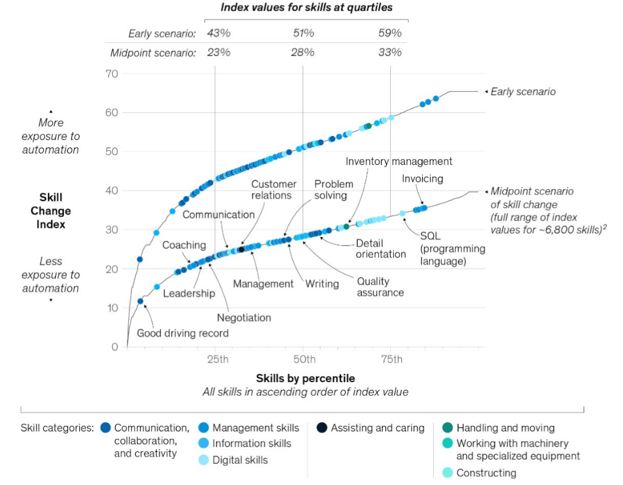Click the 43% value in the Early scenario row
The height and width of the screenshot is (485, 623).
pos(219,33)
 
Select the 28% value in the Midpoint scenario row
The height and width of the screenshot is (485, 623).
pos(303,53)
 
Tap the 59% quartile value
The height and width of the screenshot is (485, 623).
pos(390,33)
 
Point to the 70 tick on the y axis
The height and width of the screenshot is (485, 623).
pos(112,74)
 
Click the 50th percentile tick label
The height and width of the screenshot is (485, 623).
pos(304,360)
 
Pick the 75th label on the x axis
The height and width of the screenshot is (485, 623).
pos(392,360)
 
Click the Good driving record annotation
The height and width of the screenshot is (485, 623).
pos(183,333)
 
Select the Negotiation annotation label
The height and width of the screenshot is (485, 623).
pos(244,318)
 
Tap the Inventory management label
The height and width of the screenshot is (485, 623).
pos(398,161)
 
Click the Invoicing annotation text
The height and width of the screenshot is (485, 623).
pos(423,179)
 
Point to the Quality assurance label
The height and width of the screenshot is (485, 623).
pos(380,287)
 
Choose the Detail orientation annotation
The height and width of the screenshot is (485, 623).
pos(381,249)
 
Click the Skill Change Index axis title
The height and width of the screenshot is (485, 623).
pos(51,211)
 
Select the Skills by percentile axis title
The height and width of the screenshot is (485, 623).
pos(306,378)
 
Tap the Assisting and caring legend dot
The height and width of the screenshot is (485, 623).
pos(322,428)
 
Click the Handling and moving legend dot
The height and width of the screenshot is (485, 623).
pos(447,428)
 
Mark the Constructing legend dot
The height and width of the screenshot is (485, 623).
pos(447,473)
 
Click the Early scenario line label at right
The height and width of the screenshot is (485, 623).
pos(523,92)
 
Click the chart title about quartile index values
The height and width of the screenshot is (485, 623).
pos(306,8)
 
